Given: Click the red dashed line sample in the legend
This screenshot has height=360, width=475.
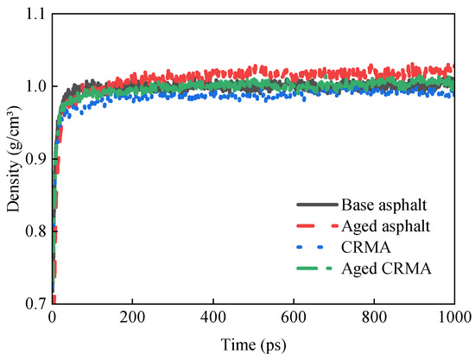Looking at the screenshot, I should [x=316, y=226].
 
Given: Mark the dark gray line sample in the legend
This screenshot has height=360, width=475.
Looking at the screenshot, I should [x=316, y=205].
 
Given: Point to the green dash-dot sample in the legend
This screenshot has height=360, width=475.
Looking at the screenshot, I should [x=316, y=269].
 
